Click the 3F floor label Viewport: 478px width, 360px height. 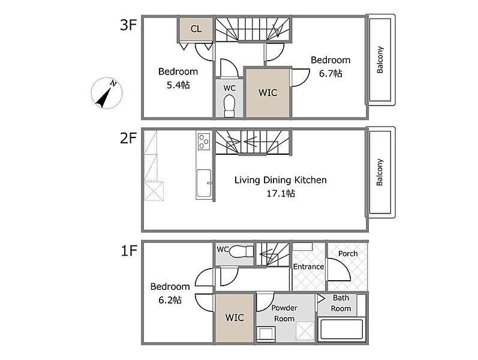128,25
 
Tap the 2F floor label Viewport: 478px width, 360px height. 128,138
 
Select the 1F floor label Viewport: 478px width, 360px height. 128,251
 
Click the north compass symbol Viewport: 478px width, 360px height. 107,93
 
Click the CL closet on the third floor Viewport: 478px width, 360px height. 196,29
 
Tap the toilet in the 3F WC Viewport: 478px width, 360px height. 229,106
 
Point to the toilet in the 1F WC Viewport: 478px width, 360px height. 241,251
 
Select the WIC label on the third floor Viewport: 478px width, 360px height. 267,93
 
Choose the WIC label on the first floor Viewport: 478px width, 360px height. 235,318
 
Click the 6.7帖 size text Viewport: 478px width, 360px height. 330,74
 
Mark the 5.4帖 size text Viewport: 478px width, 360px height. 178,85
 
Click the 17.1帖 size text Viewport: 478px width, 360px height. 281,193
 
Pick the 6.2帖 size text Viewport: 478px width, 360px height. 170,300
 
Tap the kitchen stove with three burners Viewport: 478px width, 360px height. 204,142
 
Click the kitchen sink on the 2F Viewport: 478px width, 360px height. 204,183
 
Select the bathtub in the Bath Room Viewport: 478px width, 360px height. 341,329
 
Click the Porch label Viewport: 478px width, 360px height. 348,254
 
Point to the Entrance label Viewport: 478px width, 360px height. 308,266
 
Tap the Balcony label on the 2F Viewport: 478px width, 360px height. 380,172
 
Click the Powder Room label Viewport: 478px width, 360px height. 284,313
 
